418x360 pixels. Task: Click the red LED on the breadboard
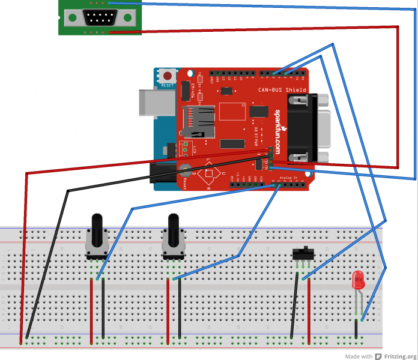(x=359, y=279)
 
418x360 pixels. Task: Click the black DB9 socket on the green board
(x=100, y=18)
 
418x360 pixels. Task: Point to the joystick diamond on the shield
(x=208, y=175)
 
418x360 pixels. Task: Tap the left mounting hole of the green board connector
(x=72, y=18)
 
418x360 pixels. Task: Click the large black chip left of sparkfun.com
(x=259, y=112)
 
